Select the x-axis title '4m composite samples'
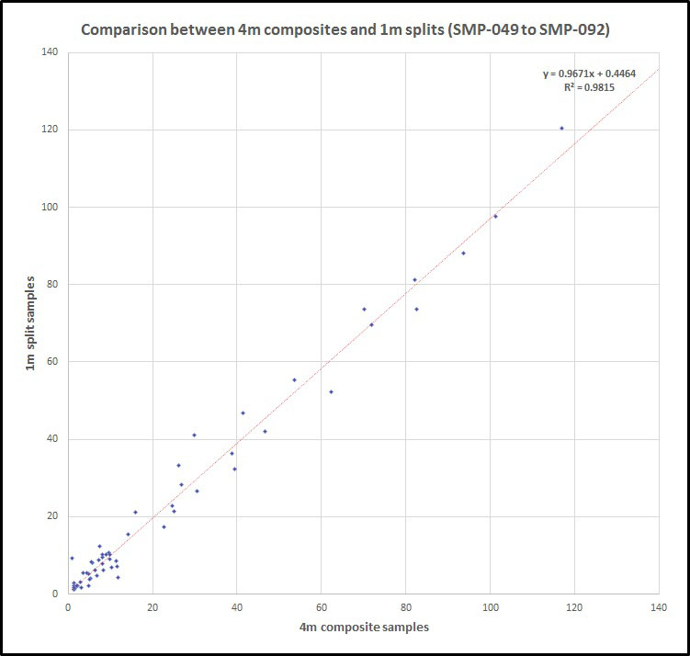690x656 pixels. coord(363,627)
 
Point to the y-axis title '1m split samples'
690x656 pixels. coord(31,322)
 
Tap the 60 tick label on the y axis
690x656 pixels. coord(52,361)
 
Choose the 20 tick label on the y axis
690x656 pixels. coord(52,516)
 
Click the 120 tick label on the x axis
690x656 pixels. coord(574,607)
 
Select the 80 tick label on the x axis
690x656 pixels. coord(405,607)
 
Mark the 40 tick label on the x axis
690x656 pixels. coord(236,607)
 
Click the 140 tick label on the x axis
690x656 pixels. coord(659,607)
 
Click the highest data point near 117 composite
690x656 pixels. coord(561,128)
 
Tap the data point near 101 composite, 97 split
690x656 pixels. coord(495,216)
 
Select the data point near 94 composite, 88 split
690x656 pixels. coord(463,253)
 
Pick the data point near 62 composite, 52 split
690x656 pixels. coord(331,391)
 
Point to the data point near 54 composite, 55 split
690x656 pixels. coord(294,379)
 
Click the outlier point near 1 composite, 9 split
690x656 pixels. coord(72,558)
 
